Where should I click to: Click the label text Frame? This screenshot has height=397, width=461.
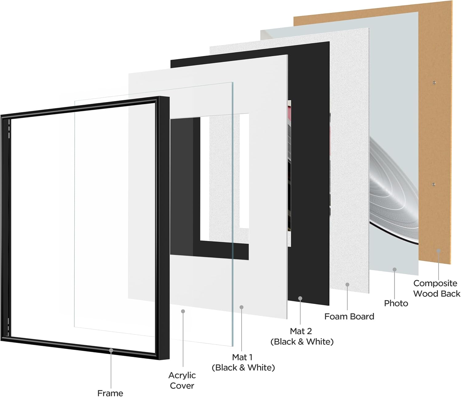coord(110,393)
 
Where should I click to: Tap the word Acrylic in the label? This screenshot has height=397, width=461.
coord(182,376)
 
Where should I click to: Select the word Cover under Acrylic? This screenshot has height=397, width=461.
coord(182,386)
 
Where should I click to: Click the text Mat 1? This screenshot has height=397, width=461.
coord(242,357)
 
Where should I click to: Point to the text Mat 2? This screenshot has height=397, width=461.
coord(301,331)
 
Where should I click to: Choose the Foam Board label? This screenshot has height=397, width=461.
coord(349,316)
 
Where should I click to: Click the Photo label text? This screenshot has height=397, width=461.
coord(396,303)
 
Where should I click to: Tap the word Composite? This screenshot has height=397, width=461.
coord(435,283)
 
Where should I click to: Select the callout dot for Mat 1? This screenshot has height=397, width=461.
coord(241,307)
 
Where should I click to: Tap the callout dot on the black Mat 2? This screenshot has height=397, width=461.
coord(300,298)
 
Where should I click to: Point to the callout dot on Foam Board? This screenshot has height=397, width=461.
coord(347,285)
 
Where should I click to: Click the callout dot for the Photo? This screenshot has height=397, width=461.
coord(395,270)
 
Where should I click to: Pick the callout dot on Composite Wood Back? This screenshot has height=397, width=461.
coord(439,251)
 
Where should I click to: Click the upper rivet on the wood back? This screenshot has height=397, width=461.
coord(434,83)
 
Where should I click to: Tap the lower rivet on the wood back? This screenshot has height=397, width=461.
coord(434,184)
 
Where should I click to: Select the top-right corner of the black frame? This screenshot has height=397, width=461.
coord(169,97)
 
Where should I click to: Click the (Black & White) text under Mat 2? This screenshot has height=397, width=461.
coord(302,342)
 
